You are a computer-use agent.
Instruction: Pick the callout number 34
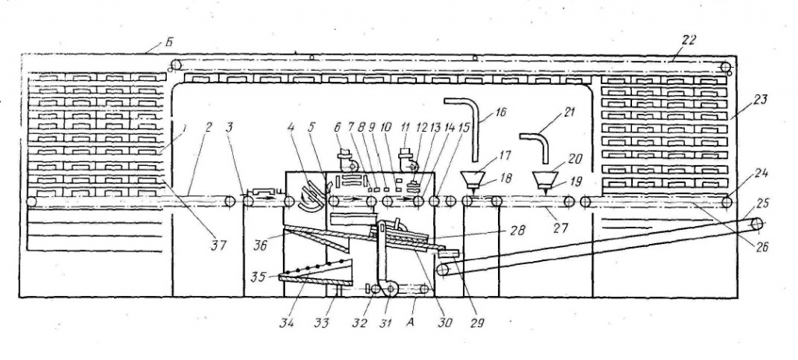click(288, 322)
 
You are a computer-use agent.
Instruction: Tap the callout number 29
click(477, 322)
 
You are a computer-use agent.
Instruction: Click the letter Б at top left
click(168, 42)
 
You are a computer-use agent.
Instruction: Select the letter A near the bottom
click(411, 321)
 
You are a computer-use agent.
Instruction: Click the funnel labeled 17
click(473, 179)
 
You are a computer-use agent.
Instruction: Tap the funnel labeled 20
click(545, 179)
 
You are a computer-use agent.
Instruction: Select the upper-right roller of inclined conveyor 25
click(757, 223)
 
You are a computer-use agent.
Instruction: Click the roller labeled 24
click(727, 202)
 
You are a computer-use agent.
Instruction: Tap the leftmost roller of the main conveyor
click(31, 202)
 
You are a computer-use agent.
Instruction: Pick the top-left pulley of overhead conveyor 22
click(175, 65)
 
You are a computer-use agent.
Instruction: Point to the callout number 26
click(761, 247)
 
